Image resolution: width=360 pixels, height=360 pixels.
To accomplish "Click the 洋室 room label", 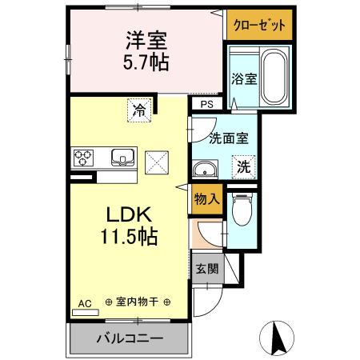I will [x=146, y=38].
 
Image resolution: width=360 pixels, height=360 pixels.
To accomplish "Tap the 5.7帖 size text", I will [x=146, y=61].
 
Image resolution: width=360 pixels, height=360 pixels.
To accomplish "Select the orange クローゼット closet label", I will [x=259, y=25].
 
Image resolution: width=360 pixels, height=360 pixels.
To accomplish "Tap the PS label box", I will [x=206, y=104].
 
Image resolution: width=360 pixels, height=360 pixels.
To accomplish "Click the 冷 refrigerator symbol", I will [x=139, y=110].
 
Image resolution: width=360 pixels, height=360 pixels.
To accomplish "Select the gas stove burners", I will [x=83, y=158].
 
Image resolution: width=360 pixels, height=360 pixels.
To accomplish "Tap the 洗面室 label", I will [x=228, y=138].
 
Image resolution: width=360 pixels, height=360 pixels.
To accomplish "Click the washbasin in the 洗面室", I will [x=206, y=169].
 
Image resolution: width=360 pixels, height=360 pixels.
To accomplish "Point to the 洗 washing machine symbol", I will [x=245, y=168].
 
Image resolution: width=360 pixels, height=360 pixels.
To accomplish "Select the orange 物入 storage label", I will [x=206, y=199].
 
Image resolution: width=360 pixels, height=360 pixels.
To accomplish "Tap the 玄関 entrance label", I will [x=206, y=268].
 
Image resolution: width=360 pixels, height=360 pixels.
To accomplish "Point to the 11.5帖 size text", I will [x=128, y=238].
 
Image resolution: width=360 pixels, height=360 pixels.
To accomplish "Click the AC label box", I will [x=85, y=303].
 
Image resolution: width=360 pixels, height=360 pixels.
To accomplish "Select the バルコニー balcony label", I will [x=130, y=338].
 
